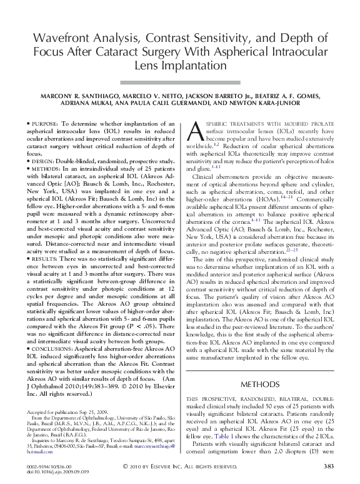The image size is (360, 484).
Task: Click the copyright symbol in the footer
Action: (126, 466)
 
